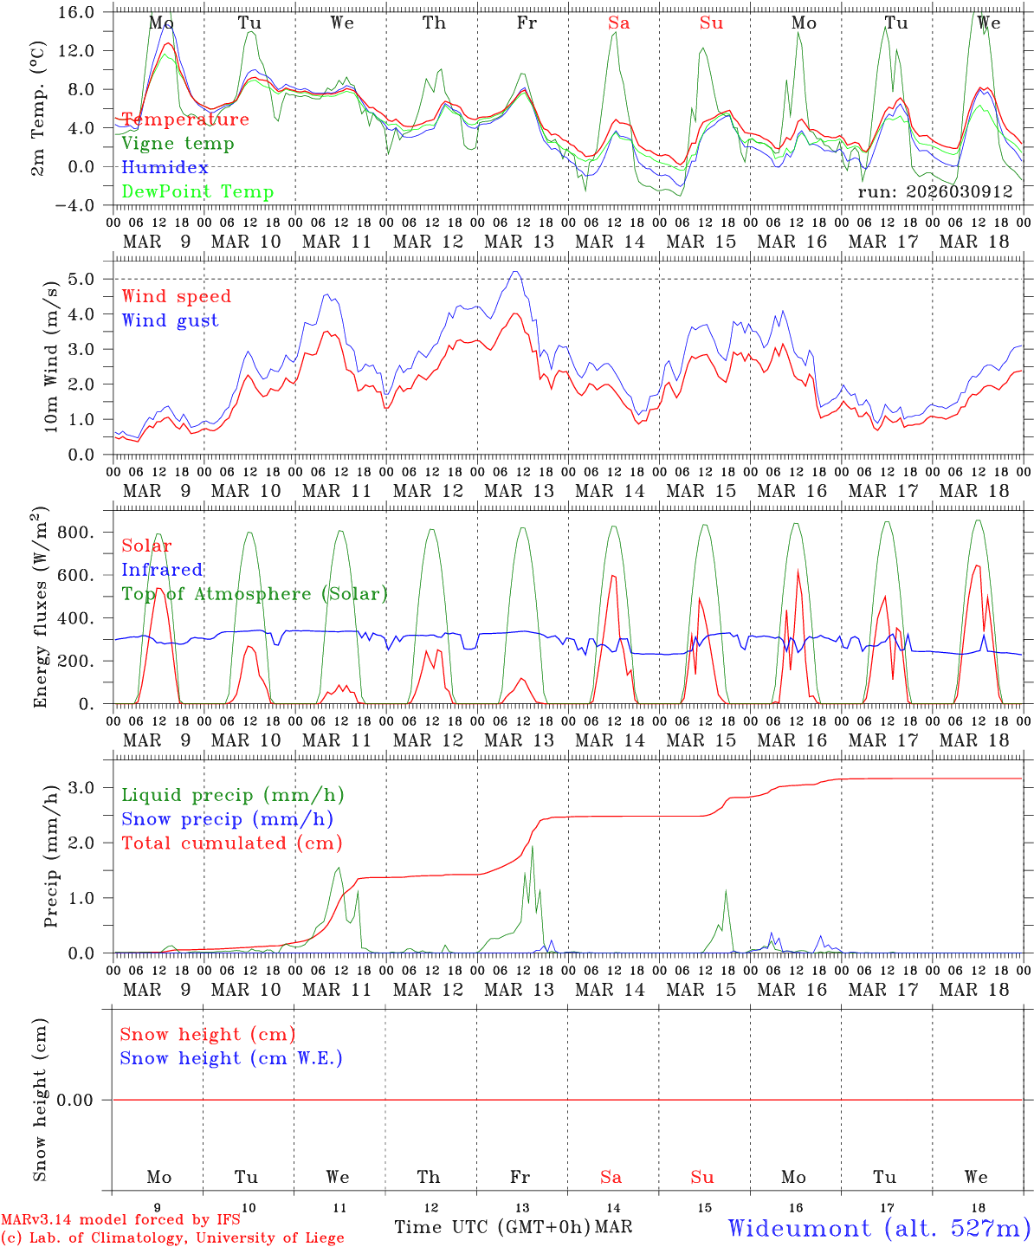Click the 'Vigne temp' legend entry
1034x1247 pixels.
click(x=178, y=144)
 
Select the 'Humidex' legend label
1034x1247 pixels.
click(x=165, y=168)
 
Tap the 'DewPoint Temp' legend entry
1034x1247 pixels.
click(x=197, y=192)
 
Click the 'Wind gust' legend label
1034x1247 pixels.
click(x=170, y=320)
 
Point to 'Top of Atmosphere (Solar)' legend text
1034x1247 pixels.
click(x=254, y=594)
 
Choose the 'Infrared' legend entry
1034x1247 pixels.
click(x=162, y=570)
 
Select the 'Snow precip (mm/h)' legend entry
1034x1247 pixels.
click(x=227, y=819)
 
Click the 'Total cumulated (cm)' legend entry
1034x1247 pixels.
click(x=231, y=843)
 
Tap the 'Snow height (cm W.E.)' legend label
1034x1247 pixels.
click(x=230, y=1058)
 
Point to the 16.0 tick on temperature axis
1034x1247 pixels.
click(x=77, y=12)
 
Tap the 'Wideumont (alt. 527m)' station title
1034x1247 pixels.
click(x=878, y=1228)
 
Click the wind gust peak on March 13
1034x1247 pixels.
click(x=516, y=272)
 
